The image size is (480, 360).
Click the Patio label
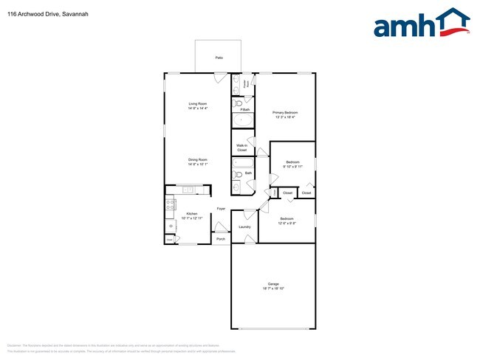(219, 57)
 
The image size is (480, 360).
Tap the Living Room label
(197, 104)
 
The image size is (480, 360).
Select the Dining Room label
(197, 160)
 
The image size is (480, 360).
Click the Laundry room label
(244, 226)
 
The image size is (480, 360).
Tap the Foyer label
(221, 210)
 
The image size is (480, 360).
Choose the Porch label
(220, 239)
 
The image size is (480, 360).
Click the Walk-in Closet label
(241, 146)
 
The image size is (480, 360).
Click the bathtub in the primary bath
(242, 122)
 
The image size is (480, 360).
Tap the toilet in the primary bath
(237, 103)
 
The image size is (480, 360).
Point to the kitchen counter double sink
(188, 190)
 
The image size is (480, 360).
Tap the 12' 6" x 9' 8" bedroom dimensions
(287, 223)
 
